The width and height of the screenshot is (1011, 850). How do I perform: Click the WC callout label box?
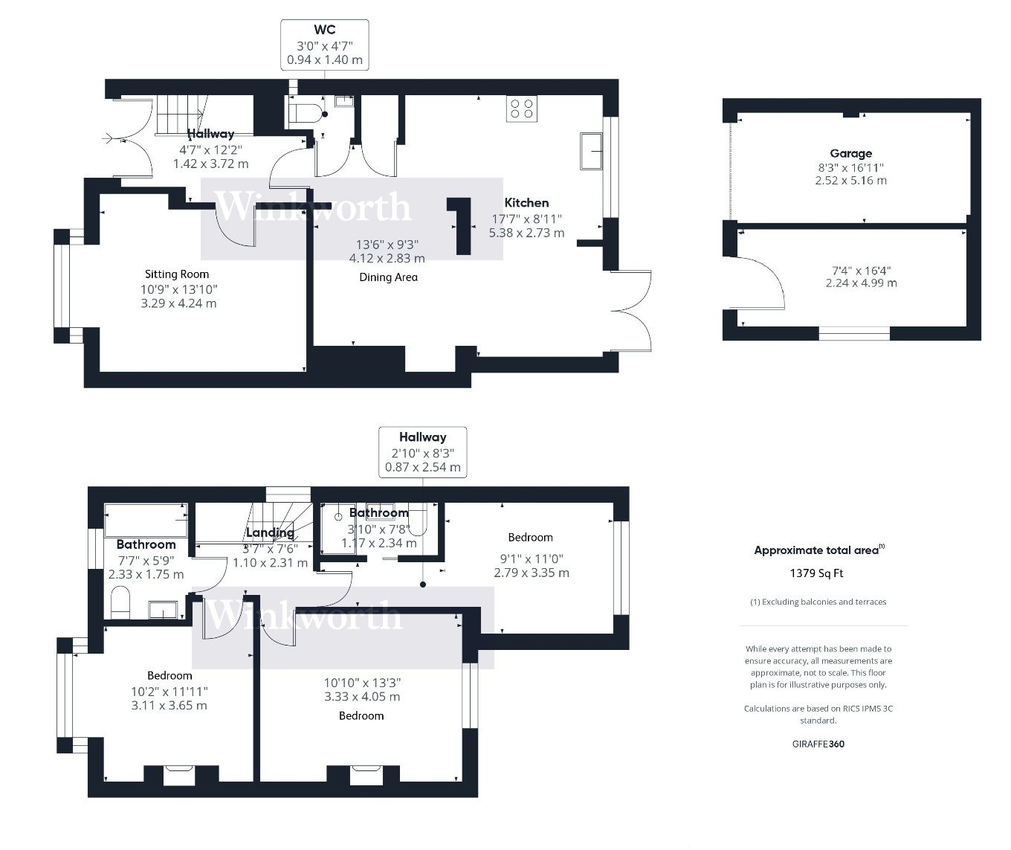pyautogui.click(x=324, y=45)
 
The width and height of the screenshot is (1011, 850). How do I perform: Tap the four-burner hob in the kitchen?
pyautogui.click(x=521, y=109)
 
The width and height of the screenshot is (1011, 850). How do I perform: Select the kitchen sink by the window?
pyautogui.click(x=592, y=151)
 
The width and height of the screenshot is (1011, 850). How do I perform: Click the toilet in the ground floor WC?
pyautogui.click(x=306, y=113)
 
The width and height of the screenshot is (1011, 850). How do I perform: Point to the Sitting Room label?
pyautogui.click(x=177, y=274)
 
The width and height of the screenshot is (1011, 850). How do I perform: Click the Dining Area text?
pyautogui.click(x=388, y=277)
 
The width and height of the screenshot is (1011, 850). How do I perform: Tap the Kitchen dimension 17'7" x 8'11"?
pyautogui.click(x=526, y=219)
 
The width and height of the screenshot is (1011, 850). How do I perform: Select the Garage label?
pyautogui.click(x=850, y=154)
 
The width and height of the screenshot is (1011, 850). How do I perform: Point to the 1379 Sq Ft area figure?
pyautogui.click(x=816, y=573)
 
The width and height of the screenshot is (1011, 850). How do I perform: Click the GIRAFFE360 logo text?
pyautogui.click(x=818, y=744)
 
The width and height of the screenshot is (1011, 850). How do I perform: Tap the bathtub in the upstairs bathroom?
pyautogui.click(x=146, y=520)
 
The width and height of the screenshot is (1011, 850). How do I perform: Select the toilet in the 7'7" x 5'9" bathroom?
pyautogui.click(x=120, y=602)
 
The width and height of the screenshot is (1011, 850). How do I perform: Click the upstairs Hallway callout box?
pyautogui.click(x=422, y=452)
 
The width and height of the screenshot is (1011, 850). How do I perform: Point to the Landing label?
pyautogui.click(x=269, y=532)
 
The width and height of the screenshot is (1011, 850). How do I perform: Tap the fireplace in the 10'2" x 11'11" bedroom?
pyautogui.click(x=179, y=774)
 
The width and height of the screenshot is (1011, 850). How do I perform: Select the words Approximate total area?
pyautogui.click(x=816, y=551)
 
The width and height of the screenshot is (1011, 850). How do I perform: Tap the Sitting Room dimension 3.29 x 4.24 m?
pyautogui.click(x=178, y=303)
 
